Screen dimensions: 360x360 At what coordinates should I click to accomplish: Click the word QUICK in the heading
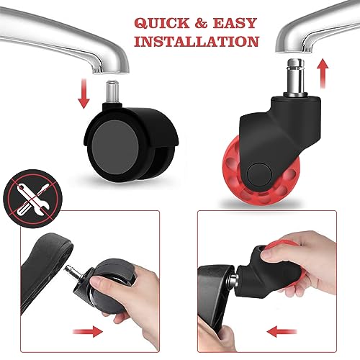162,23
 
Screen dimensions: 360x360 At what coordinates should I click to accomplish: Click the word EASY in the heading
235,23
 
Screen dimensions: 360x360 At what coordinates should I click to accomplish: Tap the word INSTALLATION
197,42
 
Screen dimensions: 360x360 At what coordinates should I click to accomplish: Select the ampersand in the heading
201,23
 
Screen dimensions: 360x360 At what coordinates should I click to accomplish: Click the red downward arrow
84,93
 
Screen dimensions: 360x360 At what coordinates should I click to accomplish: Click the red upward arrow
323,73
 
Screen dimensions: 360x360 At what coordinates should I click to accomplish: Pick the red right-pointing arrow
88,332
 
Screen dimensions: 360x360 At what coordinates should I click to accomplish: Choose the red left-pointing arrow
282,332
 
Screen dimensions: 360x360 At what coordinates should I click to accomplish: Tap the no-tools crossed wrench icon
32,199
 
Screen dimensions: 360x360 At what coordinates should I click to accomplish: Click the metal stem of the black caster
112,92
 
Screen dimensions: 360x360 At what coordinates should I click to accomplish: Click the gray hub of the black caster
115,148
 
